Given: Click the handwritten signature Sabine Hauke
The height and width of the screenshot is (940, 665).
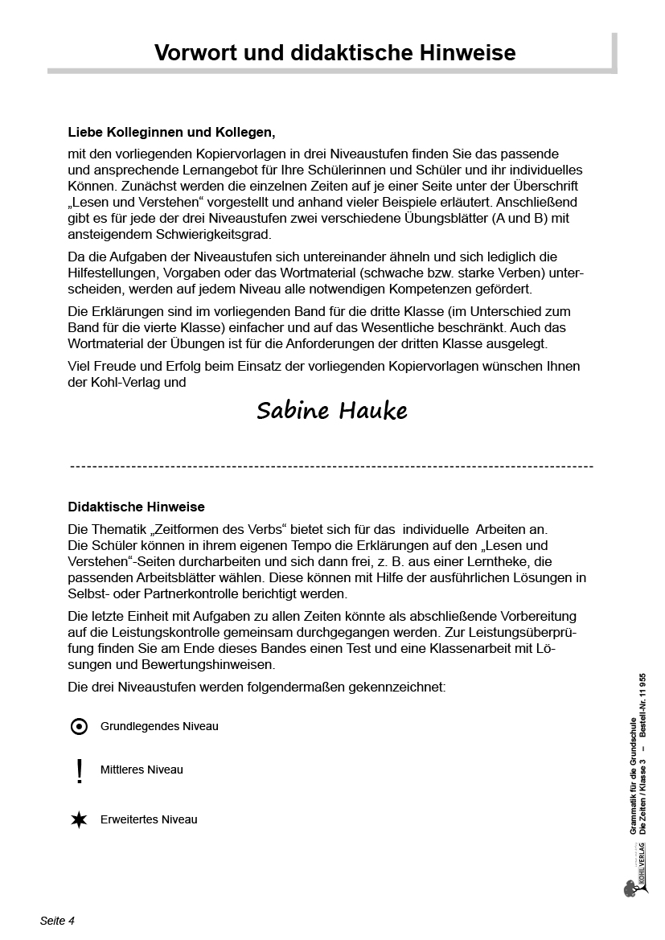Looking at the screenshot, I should (x=332, y=411).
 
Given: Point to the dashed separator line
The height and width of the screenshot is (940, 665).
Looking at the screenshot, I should (x=331, y=466).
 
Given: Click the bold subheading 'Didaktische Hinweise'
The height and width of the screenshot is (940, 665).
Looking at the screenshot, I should (x=137, y=507).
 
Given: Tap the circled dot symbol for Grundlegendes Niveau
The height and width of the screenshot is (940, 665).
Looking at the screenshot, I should (x=79, y=727).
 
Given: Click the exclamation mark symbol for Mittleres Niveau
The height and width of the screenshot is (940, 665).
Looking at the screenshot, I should (x=79, y=771).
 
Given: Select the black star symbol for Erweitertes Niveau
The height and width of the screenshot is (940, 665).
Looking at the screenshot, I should (x=79, y=820).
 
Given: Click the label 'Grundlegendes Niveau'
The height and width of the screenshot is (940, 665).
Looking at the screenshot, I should (x=159, y=726).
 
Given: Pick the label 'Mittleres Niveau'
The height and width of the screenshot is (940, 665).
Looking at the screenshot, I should (x=142, y=770).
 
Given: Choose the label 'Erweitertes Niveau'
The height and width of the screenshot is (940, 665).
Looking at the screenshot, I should (x=149, y=819).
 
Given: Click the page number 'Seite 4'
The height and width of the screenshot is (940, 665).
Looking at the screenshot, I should (x=57, y=921).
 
